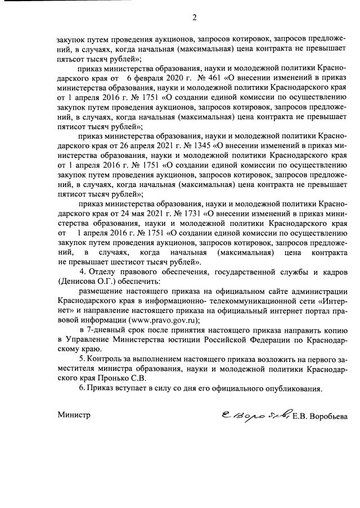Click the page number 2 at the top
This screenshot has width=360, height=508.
click(195, 17)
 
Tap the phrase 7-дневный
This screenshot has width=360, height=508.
click(103, 330)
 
